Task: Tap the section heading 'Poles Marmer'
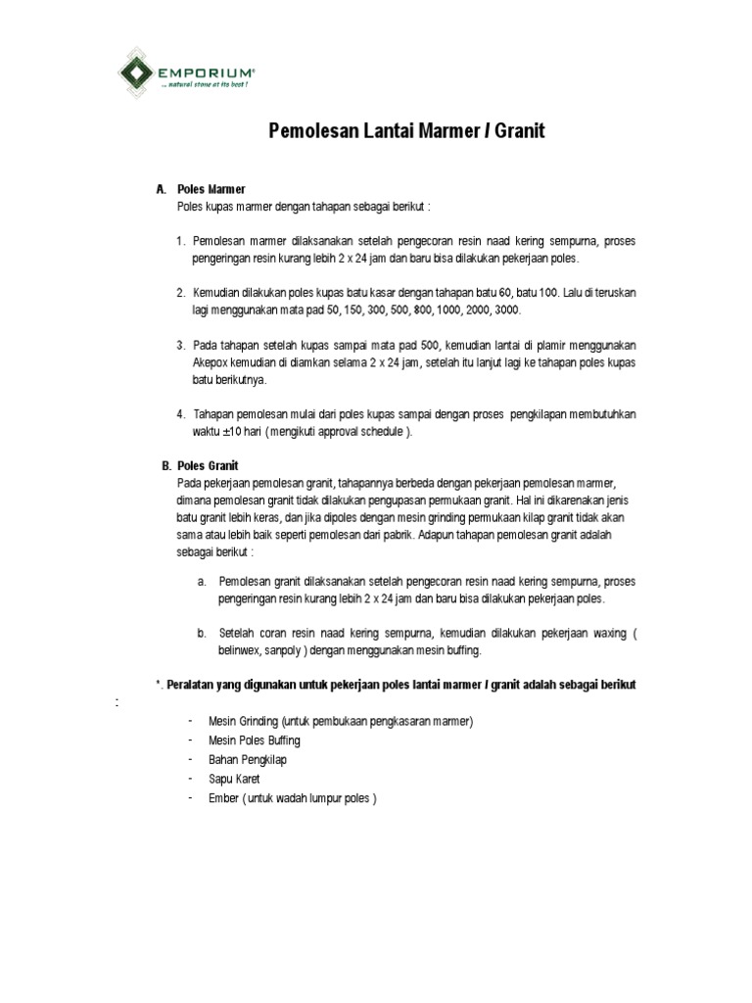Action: [211, 188]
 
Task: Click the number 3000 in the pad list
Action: [508, 309]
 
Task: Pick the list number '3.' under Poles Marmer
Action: [181, 345]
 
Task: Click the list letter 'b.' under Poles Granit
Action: [201, 633]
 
